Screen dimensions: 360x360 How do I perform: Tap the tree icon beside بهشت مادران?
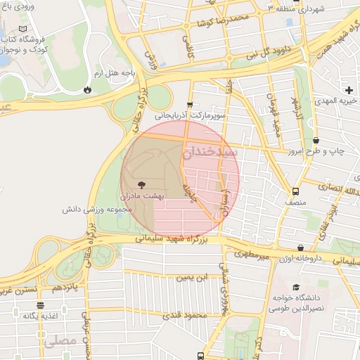pyautogui.click(x=142, y=184)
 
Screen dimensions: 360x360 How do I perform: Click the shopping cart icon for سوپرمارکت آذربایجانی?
pyautogui.click(x=189, y=103)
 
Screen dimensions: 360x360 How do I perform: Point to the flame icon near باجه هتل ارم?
pyautogui.click(x=87, y=90)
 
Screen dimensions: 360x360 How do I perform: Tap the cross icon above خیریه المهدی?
pyautogui.click(x=349, y=89)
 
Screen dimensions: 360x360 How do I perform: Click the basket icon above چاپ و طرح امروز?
pyautogui.click(x=316, y=140)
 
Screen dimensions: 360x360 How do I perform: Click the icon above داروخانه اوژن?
pyautogui.click(x=301, y=247)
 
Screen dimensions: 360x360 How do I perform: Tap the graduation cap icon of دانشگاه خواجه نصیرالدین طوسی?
pyautogui.click(x=295, y=287)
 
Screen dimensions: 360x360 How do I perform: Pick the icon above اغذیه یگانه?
pyautogui.click(x=40, y=305)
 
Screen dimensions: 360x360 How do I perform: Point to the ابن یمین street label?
pyautogui.click(x=193, y=278)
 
